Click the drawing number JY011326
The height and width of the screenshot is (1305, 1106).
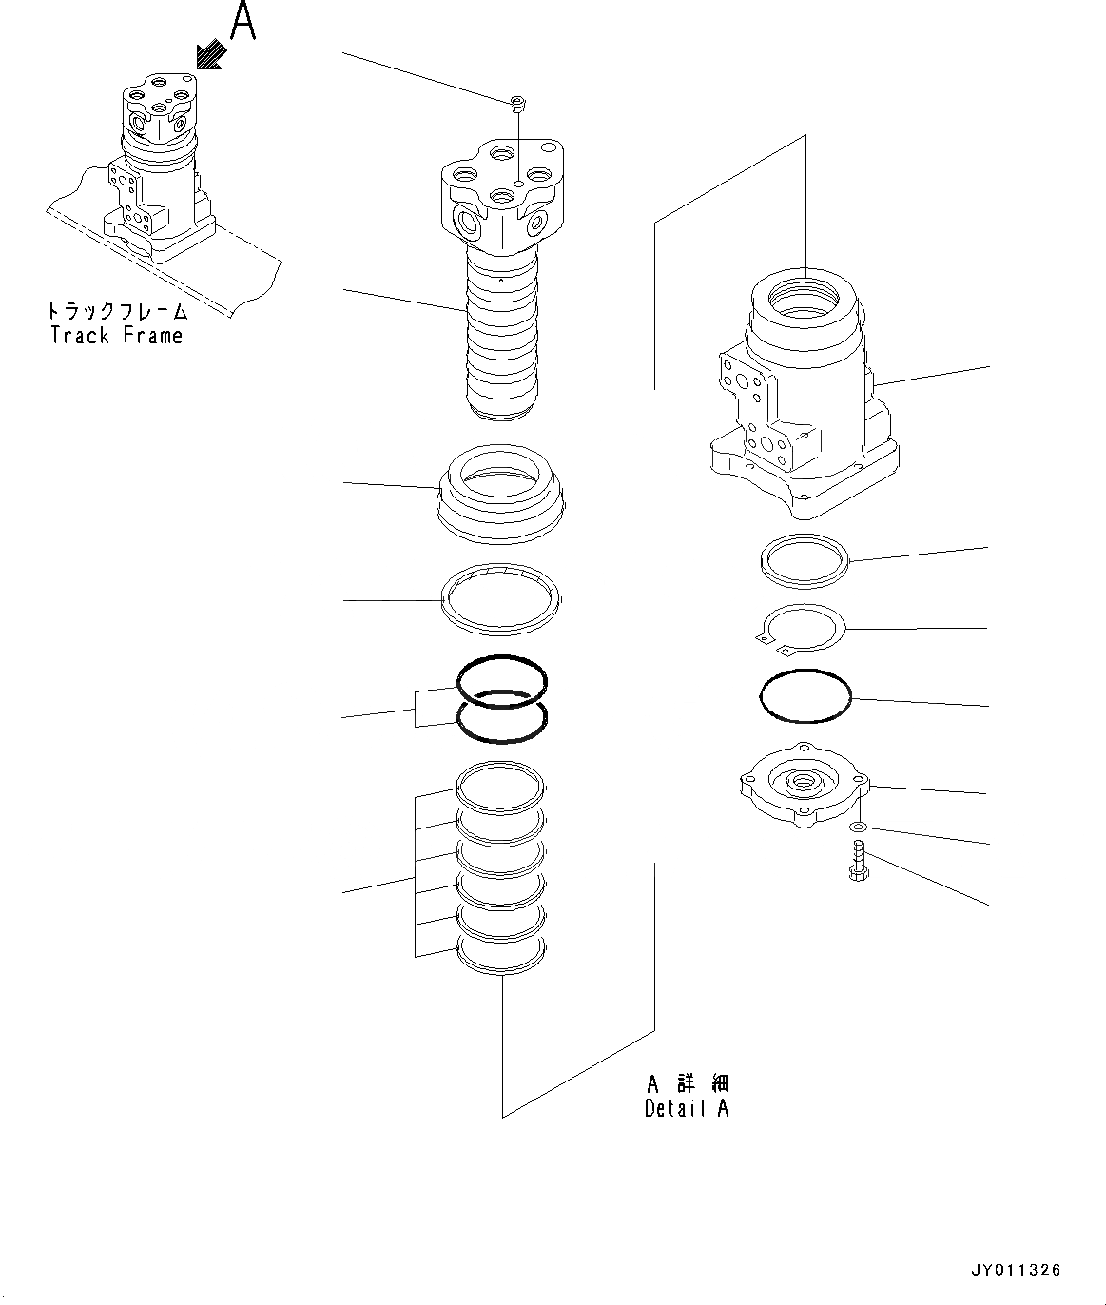[1015, 1270]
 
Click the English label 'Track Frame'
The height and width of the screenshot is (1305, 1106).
[116, 335]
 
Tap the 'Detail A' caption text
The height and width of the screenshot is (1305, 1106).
[687, 1108]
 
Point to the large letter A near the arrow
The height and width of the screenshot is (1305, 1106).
[243, 23]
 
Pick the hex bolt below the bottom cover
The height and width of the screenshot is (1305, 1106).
[858, 861]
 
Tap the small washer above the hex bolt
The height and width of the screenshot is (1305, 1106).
[858, 828]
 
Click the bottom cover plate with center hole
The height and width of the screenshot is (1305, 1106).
[804, 785]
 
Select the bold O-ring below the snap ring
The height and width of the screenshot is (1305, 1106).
[805, 699]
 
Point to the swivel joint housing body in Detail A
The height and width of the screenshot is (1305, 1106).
[804, 399]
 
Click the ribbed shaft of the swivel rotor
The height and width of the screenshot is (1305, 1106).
[501, 342]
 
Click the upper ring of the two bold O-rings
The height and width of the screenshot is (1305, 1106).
[502, 677]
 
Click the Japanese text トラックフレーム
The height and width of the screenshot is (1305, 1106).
[116, 311]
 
